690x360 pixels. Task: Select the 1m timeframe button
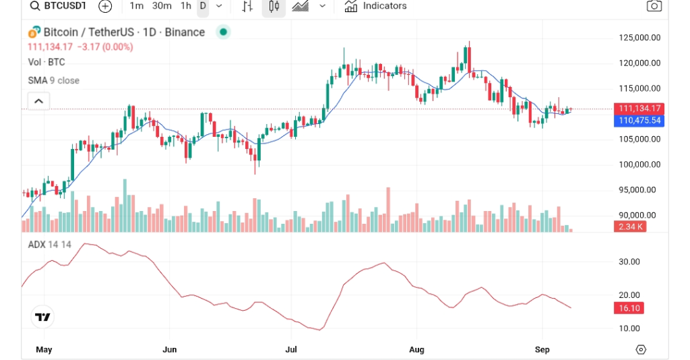(136, 6)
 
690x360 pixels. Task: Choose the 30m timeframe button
(162, 6)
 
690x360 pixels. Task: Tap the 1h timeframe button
(186, 6)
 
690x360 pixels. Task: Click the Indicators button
(375, 6)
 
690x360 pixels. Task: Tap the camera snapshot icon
(653, 6)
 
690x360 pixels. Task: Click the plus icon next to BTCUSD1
(105, 6)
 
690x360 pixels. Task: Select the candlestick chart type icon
(274, 6)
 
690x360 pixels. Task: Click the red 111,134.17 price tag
(637, 109)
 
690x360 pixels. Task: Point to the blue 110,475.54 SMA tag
(637, 121)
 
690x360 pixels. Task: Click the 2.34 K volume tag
(630, 227)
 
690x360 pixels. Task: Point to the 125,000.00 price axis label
(639, 38)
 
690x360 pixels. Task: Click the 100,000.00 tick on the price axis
(639, 164)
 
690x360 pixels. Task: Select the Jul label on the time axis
(292, 350)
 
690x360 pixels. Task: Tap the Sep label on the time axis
(542, 350)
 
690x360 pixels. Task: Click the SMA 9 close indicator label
(53, 80)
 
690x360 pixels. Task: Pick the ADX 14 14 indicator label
(49, 245)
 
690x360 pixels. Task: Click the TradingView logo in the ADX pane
(43, 317)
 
